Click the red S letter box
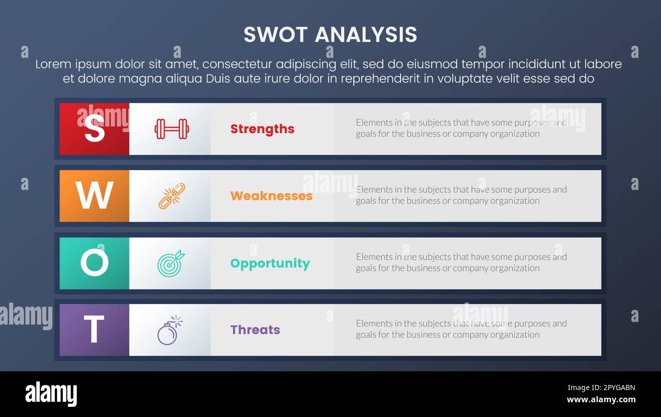[x=94, y=129]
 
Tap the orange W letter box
[x=94, y=196]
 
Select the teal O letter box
[x=94, y=263]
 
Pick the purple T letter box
[x=94, y=330]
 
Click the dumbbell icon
[x=172, y=129]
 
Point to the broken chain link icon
[x=172, y=196]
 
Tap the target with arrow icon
[x=171, y=263]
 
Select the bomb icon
[x=169, y=331]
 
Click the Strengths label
[x=262, y=129]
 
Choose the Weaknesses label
[x=272, y=196]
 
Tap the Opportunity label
[x=270, y=264]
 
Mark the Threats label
[x=255, y=330]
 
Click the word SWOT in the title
[x=275, y=35]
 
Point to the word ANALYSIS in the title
[x=366, y=35]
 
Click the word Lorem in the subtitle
[x=52, y=65]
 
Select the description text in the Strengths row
[x=461, y=128]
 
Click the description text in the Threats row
[x=461, y=329]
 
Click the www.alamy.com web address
[x=601, y=400]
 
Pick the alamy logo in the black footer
[x=51, y=394]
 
